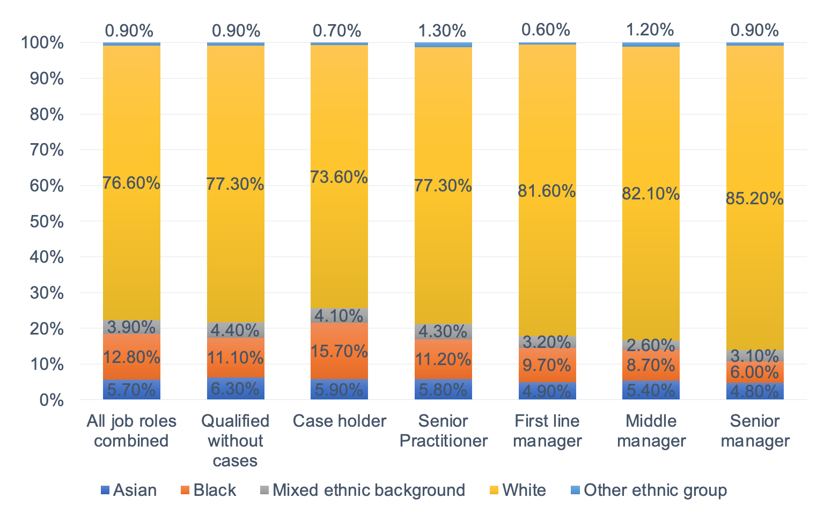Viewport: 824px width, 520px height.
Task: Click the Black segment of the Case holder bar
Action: pyautogui.click(x=339, y=351)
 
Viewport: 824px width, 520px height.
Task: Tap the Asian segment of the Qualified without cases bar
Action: pyautogui.click(x=236, y=388)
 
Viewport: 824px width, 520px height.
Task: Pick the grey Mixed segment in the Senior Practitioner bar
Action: pyautogui.click(x=443, y=331)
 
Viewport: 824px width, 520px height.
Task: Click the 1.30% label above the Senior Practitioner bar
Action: pyautogui.click(x=443, y=31)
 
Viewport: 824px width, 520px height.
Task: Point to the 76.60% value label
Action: pyautogui.click(x=131, y=183)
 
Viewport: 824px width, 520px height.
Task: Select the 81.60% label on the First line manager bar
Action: pyautogui.click(x=547, y=191)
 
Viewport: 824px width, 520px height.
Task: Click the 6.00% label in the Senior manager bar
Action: pyautogui.click(x=754, y=372)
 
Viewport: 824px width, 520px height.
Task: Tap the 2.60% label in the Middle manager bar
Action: pyautogui.click(x=650, y=345)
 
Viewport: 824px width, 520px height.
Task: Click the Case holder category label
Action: pyautogui.click(x=339, y=421)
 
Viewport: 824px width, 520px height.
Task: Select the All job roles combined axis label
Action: pyautogui.click(x=131, y=430)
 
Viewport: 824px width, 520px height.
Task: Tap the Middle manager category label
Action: pyautogui.click(x=651, y=430)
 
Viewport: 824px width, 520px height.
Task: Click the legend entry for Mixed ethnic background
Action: pyautogui.click(x=368, y=490)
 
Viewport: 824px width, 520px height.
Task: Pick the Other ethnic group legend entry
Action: pyautogui.click(x=654, y=490)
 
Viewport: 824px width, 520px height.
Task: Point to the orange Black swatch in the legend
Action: pyautogui.click(x=185, y=490)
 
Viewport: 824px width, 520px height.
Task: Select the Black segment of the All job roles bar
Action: pyautogui.click(x=131, y=356)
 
